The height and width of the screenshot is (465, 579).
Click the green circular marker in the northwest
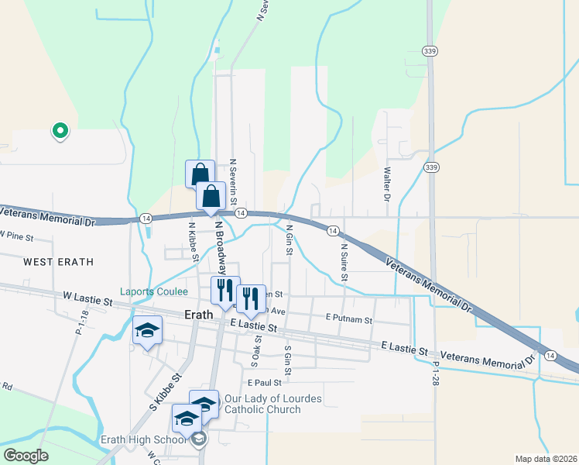(60, 131)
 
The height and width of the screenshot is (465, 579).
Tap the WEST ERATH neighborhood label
(58, 262)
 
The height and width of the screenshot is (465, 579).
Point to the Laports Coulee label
(154, 292)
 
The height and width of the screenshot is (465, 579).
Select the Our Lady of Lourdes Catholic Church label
(272, 404)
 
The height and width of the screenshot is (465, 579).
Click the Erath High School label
(143, 439)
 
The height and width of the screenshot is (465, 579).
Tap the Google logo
(26, 455)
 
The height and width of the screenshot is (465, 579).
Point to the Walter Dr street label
(387, 182)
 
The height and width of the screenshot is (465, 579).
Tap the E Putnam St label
(349, 319)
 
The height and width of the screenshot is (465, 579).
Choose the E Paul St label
(264, 382)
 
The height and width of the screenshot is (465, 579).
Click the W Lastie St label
(89, 296)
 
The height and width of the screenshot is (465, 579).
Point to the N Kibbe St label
(194, 242)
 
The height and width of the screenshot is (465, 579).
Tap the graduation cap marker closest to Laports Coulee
(147, 331)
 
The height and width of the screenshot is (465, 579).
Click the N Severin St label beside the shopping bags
(232, 178)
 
